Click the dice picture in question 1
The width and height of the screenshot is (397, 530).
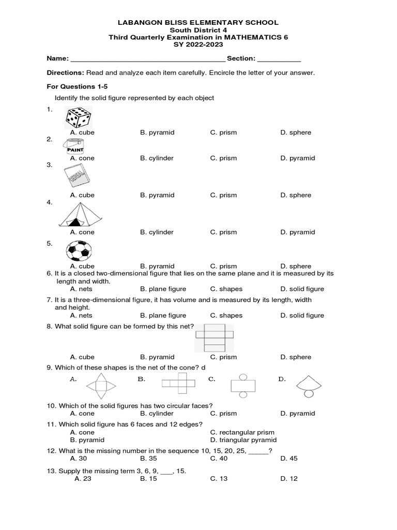(x=78, y=117)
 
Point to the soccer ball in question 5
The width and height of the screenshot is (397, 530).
(x=79, y=251)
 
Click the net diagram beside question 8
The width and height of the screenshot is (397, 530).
(x=214, y=337)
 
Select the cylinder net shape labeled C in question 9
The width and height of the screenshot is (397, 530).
(x=243, y=386)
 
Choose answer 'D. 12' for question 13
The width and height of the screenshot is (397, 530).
(x=289, y=479)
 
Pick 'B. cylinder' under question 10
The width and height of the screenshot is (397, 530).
(x=157, y=414)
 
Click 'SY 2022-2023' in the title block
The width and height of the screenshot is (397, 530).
(x=198, y=46)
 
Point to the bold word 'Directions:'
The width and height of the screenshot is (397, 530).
(x=65, y=73)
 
